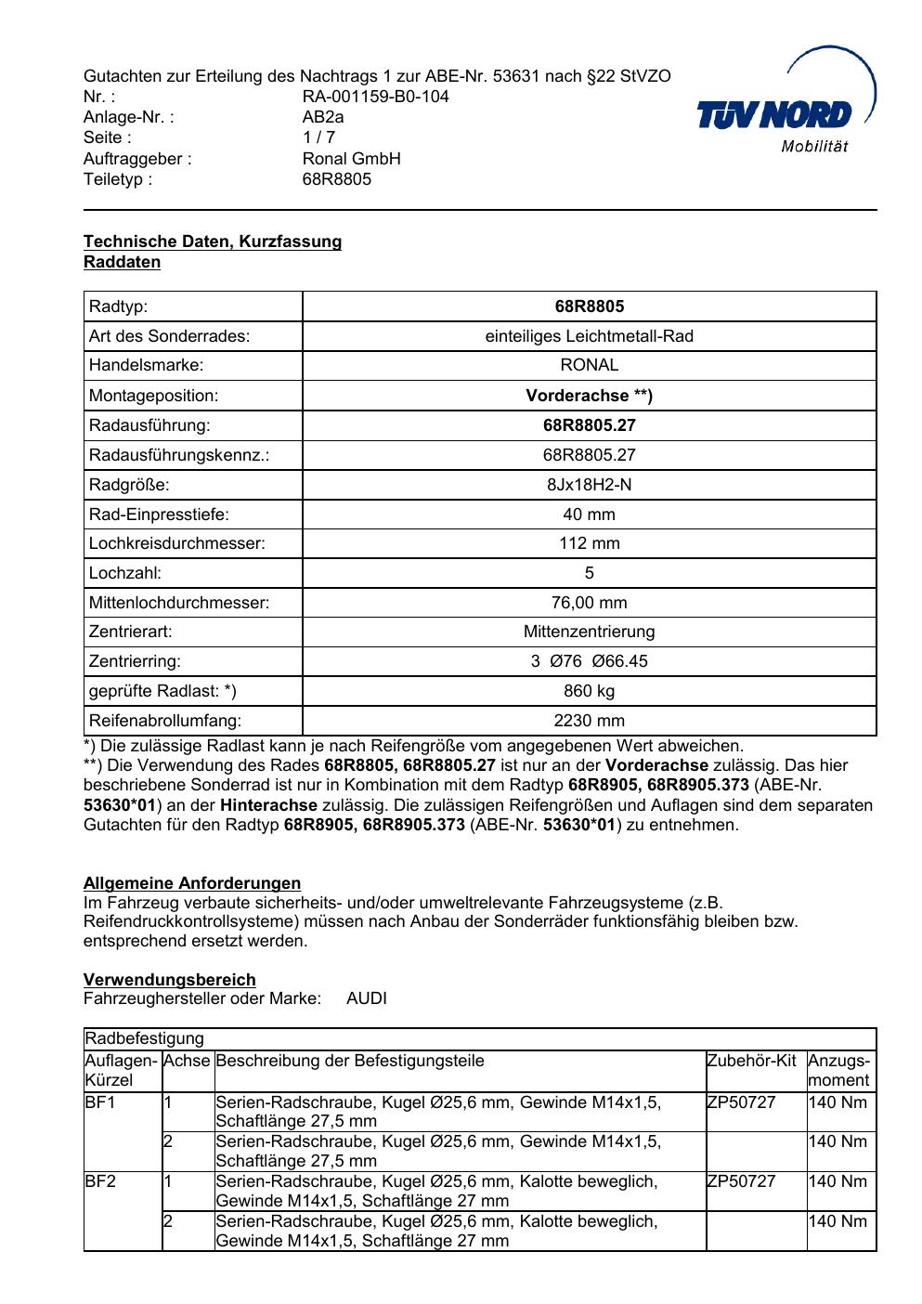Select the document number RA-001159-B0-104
tap(375, 97)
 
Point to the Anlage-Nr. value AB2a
tap(323, 117)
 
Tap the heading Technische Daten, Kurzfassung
tap(213, 241)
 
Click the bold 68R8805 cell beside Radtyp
tap(589, 306)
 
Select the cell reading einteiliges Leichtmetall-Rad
tap(589, 336)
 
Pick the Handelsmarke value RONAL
tap(589, 366)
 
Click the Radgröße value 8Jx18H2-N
tap(589, 485)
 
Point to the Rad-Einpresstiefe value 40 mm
tap(589, 515)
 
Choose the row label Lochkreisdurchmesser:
tap(176, 544)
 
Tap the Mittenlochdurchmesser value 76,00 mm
tap(589, 603)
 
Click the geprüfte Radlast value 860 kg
tap(589, 691)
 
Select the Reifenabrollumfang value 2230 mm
tap(589, 721)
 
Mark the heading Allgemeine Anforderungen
tap(192, 883)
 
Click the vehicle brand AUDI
tap(367, 999)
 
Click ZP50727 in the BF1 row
tap(741, 1102)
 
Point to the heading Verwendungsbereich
tap(170, 980)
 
